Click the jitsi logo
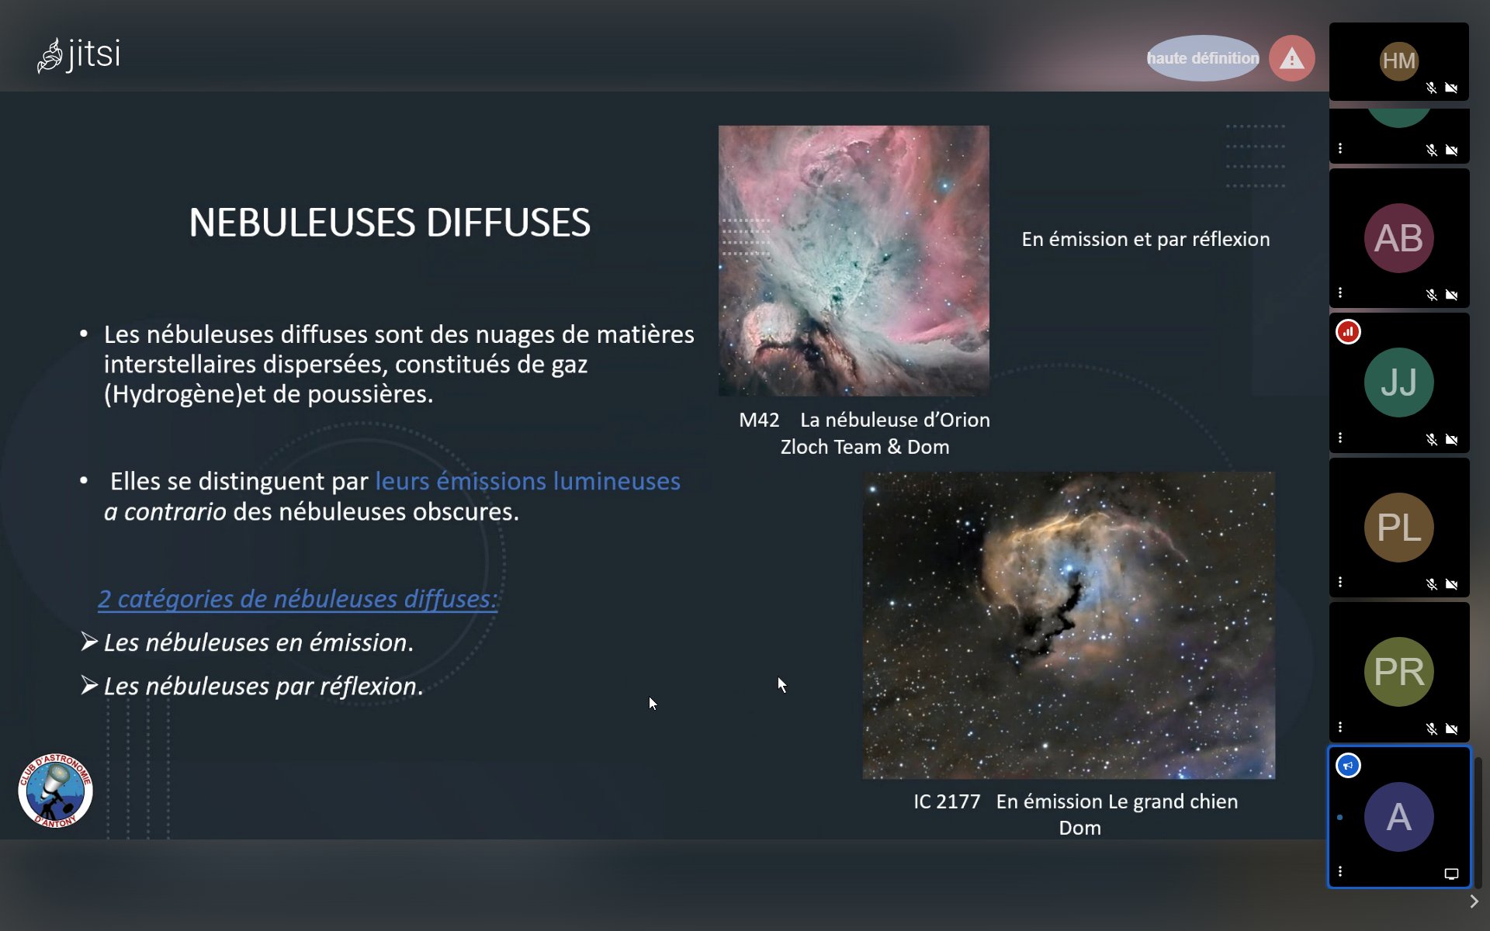78,55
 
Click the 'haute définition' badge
1203,58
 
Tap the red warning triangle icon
1292,58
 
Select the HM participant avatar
1399,61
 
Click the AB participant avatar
1399,238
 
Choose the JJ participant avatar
1399,382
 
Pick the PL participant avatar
1399,528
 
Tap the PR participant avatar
1399,672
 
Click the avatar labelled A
1399,817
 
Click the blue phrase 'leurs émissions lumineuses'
528,481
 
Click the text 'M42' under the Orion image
759,420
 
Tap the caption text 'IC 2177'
947,801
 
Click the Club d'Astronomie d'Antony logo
55,791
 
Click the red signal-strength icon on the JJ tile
1349,332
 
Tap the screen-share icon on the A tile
1451,874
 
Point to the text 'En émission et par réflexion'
1145,239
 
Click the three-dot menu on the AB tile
1340,293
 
